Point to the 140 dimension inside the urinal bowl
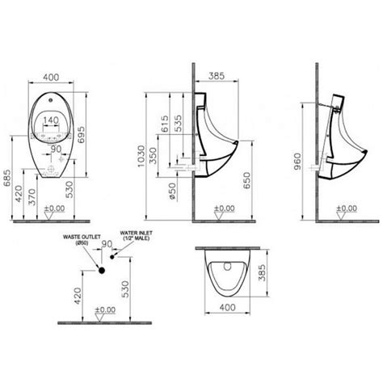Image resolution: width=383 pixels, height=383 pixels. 51,120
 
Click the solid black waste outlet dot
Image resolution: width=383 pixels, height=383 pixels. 103,268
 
